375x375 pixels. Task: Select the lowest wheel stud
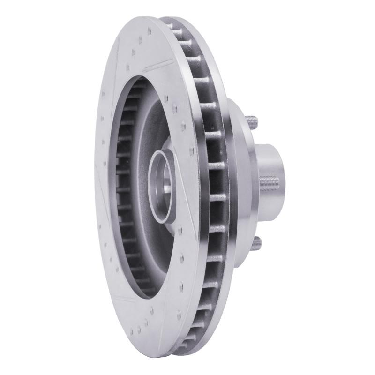[x=257, y=243]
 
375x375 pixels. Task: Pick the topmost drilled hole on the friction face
[x=149, y=31]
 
